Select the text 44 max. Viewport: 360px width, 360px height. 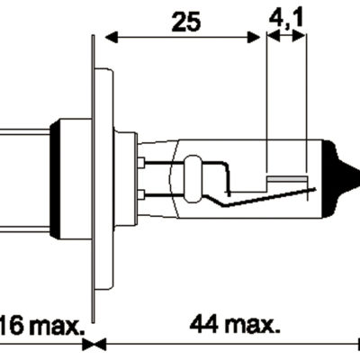click(233, 323)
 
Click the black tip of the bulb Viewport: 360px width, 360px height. click(346, 171)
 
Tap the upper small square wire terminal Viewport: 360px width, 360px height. click(141, 163)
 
